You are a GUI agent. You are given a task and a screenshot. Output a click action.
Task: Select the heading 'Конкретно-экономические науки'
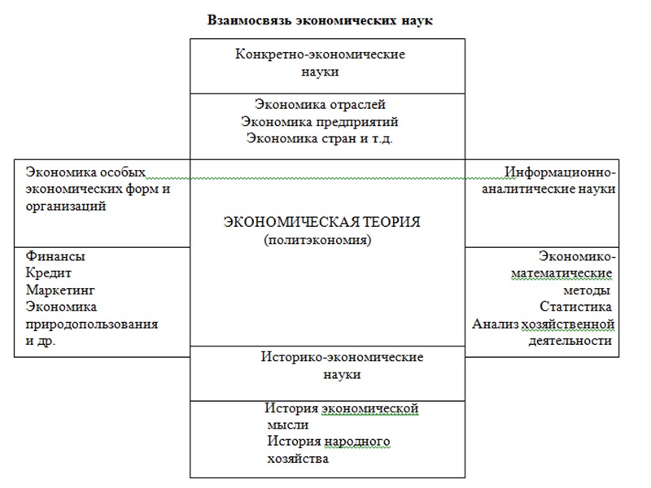pyautogui.click(x=320, y=63)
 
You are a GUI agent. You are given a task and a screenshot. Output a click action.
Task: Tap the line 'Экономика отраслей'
pyautogui.click(x=320, y=105)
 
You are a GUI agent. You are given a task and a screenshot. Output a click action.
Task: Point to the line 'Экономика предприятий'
pyautogui.click(x=320, y=121)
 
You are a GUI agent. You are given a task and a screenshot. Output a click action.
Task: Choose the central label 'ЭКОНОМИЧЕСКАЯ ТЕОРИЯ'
pyautogui.click(x=324, y=222)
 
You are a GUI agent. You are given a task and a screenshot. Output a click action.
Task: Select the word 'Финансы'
pyautogui.click(x=55, y=256)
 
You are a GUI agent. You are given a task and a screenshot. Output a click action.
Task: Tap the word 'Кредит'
pyautogui.click(x=50, y=273)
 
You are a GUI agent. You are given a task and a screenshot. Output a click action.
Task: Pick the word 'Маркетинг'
pyautogui.click(x=61, y=290)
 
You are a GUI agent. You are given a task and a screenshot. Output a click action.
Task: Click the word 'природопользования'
pyautogui.click(x=91, y=324)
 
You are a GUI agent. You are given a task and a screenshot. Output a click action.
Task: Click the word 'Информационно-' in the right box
pyautogui.click(x=560, y=172)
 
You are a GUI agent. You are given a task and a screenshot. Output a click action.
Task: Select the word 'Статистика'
pyautogui.click(x=575, y=307)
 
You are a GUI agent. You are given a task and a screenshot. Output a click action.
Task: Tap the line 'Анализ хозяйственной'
pyautogui.click(x=543, y=324)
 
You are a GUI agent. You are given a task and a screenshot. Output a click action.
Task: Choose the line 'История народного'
pyautogui.click(x=329, y=442)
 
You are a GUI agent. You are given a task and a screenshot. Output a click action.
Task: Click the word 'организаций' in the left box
pyautogui.click(x=66, y=206)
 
